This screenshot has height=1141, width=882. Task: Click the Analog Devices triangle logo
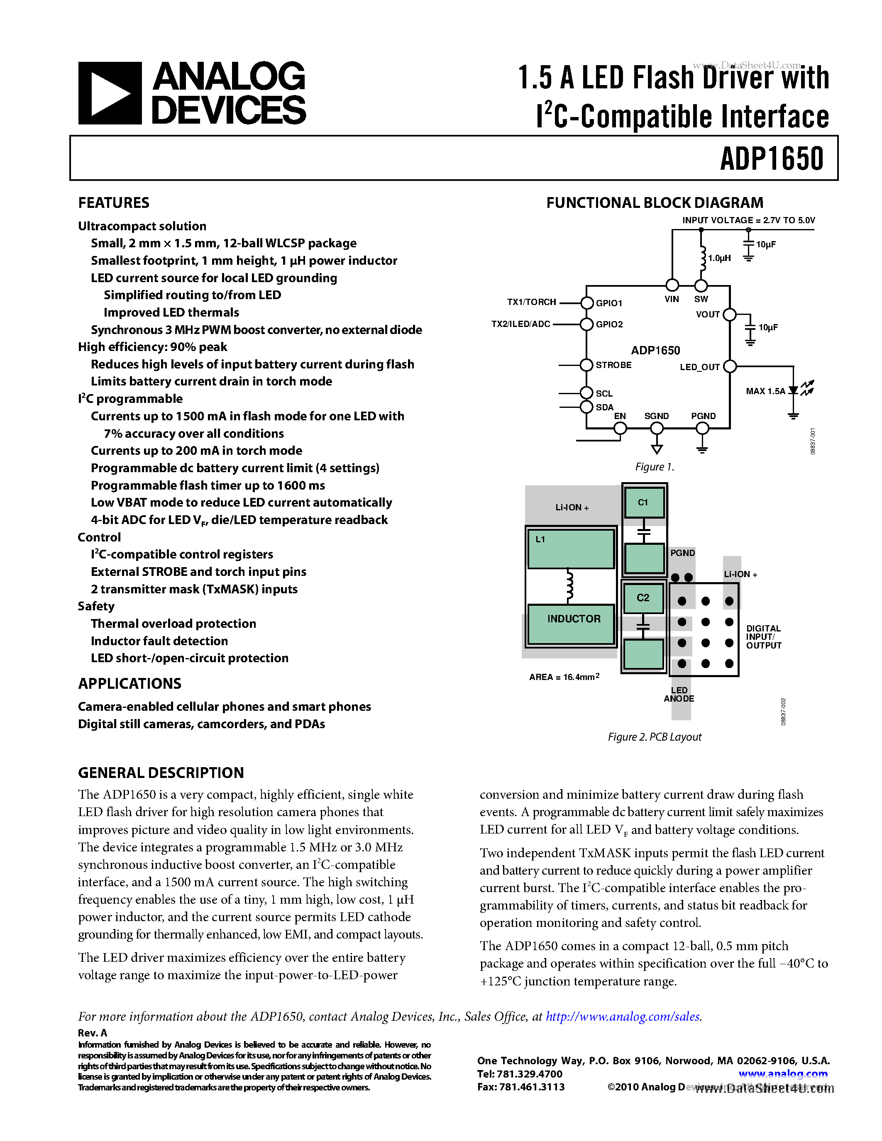click(x=110, y=93)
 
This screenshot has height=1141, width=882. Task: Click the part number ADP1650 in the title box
click(x=771, y=159)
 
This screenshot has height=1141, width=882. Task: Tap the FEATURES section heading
click(x=113, y=203)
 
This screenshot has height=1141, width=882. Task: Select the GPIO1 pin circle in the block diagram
click(x=587, y=302)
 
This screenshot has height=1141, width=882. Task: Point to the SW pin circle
click(x=701, y=285)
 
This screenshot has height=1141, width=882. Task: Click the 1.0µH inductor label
click(x=719, y=258)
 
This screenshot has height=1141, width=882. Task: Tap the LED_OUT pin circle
click(x=730, y=367)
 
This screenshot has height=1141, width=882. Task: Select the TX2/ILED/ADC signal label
click(x=520, y=324)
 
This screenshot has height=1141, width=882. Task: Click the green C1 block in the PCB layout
click(x=644, y=502)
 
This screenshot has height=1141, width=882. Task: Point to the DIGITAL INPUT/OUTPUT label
click(x=763, y=637)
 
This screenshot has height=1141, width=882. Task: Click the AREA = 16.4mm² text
click(x=564, y=677)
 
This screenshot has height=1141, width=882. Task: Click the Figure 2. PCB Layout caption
click(x=654, y=736)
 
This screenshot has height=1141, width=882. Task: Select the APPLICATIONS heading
click(x=129, y=684)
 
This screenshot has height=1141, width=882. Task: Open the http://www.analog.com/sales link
click(x=623, y=1016)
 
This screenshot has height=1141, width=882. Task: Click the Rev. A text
click(x=93, y=1033)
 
